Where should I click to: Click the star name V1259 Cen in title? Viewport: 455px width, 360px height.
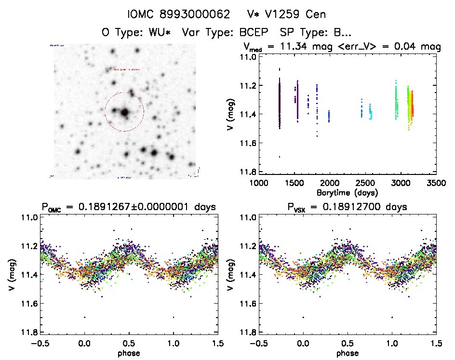pyautogui.click(x=282, y=14)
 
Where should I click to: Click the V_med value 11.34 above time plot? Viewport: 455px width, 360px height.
pyautogui.click(x=303, y=47)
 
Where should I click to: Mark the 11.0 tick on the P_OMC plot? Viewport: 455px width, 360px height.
pyautogui.click(x=30, y=217)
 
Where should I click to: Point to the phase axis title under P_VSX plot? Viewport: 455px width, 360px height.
pyautogui.click(x=348, y=353)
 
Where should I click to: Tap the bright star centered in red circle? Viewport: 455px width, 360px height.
pyautogui.click(x=124, y=112)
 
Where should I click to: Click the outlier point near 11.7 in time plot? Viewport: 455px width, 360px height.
pyautogui.click(x=280, y=157)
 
